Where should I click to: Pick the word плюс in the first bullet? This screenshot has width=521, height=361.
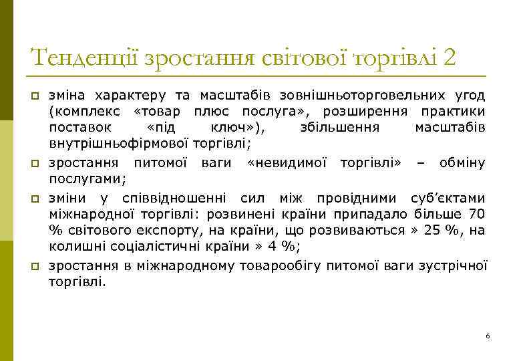tap(213, 110)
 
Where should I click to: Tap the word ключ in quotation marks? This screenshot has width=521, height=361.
tap(240, 126)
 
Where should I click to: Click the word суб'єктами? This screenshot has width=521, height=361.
tap(447, 198)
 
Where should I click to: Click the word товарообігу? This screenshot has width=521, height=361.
tap(281, 266)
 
